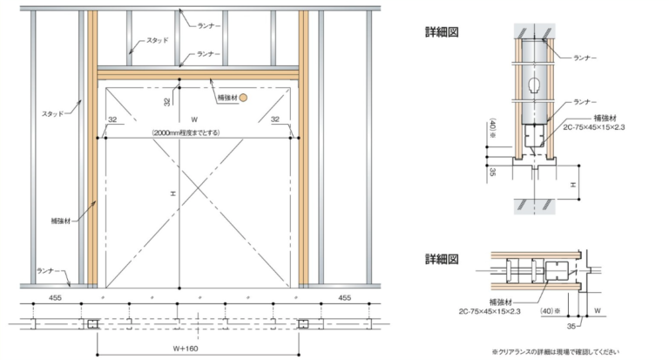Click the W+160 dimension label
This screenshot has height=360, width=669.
point(186,349)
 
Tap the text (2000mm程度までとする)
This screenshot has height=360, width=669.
point(186,132)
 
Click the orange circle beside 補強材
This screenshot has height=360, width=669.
point(243,98)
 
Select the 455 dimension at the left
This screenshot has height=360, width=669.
point(55,297)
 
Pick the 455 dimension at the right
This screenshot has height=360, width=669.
point(345,297)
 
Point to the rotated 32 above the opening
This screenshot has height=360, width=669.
point(167,102)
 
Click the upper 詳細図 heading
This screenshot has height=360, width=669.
point(442,32)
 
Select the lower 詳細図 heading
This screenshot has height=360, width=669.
point(442,259)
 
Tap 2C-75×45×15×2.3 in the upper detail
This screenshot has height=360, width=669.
point(594,127)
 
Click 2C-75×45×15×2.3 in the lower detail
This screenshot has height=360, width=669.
point(490,311)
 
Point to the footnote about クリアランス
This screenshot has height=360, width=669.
point(555,352)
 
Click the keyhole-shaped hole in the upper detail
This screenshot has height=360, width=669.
point(534,85)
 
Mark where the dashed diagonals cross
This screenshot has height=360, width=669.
point(197,187)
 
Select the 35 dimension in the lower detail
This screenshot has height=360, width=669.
point(571,326)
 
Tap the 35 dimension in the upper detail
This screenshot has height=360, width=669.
point(493,172)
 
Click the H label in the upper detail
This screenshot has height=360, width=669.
point(573,185)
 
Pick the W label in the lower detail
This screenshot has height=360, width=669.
point(598,311)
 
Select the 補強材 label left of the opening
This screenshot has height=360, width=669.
point(61,221)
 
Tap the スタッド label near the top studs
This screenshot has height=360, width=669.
point(158,40)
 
